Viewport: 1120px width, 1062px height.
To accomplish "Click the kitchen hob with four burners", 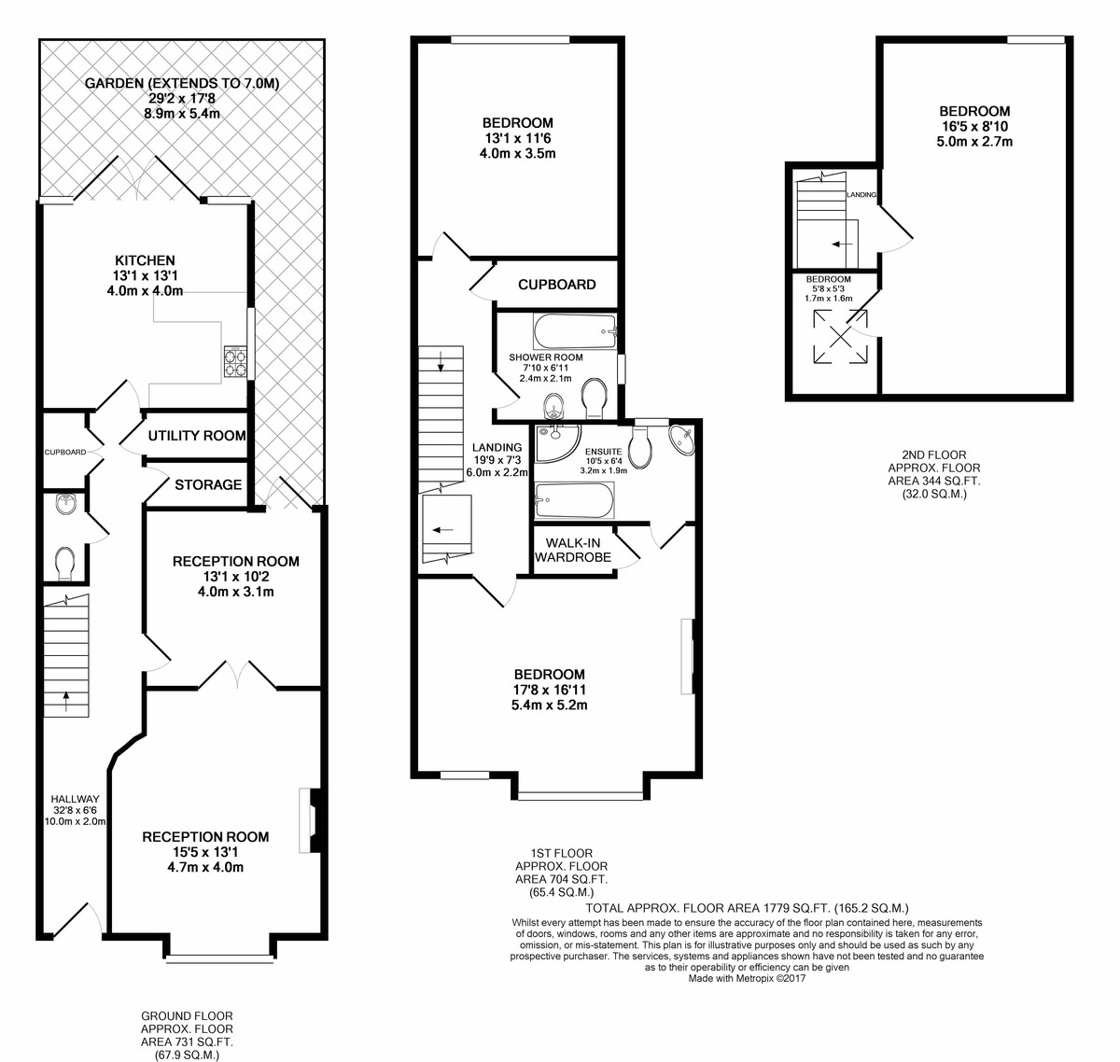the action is pos(236,361).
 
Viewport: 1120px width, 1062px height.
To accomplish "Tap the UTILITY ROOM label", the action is pos(197,436).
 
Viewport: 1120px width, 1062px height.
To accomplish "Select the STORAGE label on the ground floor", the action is pos(208,485).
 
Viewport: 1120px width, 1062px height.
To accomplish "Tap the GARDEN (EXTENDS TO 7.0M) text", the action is pos(182,84).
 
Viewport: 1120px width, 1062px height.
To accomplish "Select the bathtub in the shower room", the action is pos(575,331).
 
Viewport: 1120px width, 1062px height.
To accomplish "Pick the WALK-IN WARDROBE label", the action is pos(573,551).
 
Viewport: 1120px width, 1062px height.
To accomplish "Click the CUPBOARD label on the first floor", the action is pos(557,285).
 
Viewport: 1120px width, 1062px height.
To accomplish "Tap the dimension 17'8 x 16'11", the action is pos(549,690).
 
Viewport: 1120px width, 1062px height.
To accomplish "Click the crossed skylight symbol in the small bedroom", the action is pos(841,337).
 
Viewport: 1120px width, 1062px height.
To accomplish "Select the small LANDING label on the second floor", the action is pos(861,195).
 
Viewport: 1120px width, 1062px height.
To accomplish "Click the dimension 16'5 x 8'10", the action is pos(974,127).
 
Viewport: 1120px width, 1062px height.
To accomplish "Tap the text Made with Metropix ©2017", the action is pos(747,979).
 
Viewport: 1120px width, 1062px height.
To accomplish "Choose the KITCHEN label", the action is pos(146,261).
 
